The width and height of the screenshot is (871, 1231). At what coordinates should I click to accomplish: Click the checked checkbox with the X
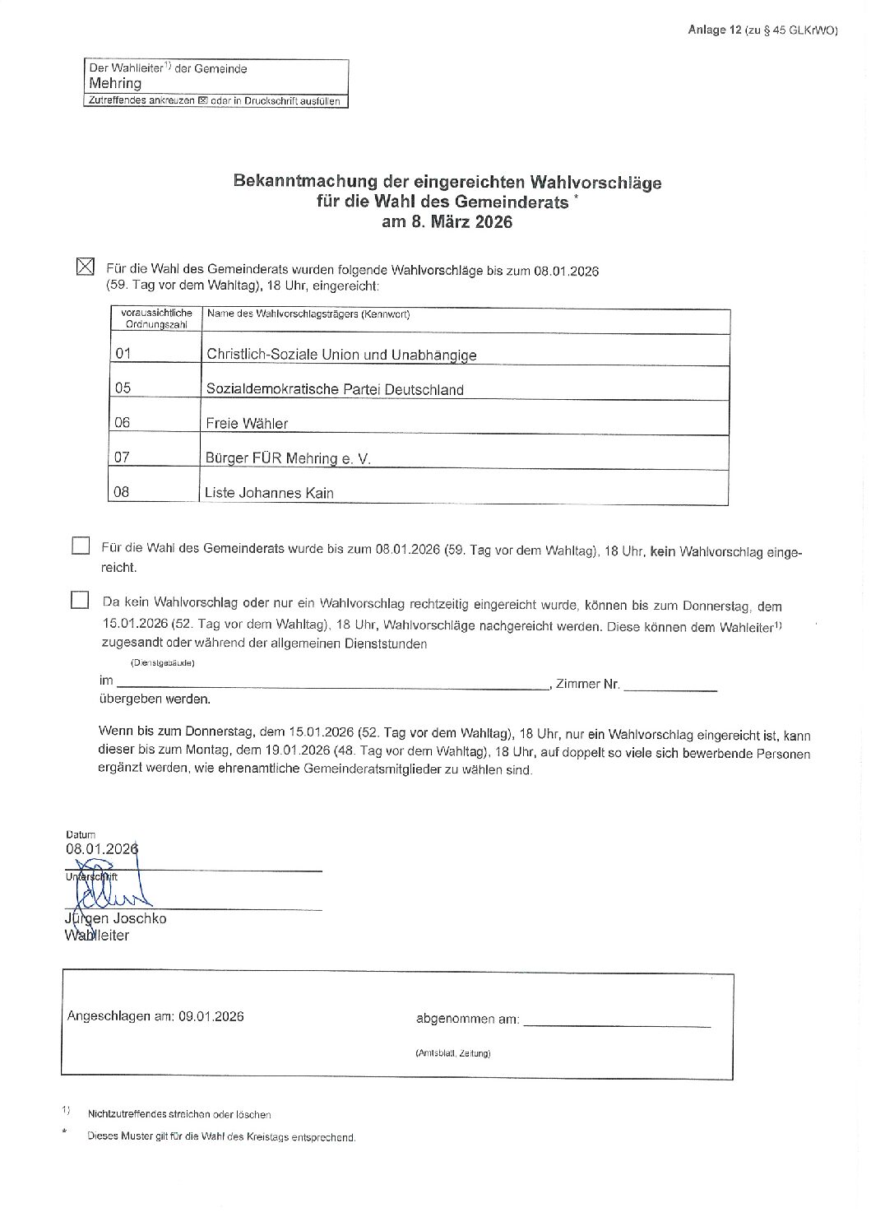[x=85, y=267]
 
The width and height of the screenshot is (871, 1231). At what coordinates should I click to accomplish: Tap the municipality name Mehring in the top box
[x=115, y=83]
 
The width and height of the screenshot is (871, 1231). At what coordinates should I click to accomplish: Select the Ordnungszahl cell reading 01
[x=123, y=354]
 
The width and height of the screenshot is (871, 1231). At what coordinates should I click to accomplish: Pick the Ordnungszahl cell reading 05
[x=123, y=388]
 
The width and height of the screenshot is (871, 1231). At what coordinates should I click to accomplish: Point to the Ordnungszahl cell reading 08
[x=122, y=492]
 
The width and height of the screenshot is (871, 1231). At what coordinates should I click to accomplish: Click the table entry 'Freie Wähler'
[x=247, y=424]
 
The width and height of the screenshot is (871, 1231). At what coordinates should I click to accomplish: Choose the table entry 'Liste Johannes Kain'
[x=269, y=494]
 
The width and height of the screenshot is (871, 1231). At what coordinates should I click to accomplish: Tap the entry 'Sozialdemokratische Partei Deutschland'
[x=335, y=389]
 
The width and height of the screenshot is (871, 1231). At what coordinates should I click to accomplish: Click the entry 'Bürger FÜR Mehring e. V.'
[x=288, y=458]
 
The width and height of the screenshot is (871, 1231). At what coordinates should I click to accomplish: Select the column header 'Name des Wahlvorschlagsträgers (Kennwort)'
[x=308, y=314]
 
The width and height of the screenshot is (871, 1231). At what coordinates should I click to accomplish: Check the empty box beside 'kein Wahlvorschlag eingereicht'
[x=81, y=546]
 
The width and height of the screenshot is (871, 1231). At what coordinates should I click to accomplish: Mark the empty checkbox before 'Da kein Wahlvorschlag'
[x=80, y=600]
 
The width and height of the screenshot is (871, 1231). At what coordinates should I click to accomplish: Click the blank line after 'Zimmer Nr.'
[x=669, y=685]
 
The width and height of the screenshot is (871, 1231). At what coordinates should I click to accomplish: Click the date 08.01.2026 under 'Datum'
[x=102, y=848]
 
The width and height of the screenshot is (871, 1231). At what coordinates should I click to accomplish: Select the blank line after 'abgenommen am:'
[x=617, y=1023]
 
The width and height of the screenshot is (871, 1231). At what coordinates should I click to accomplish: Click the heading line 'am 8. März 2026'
[x=447, y=222]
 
